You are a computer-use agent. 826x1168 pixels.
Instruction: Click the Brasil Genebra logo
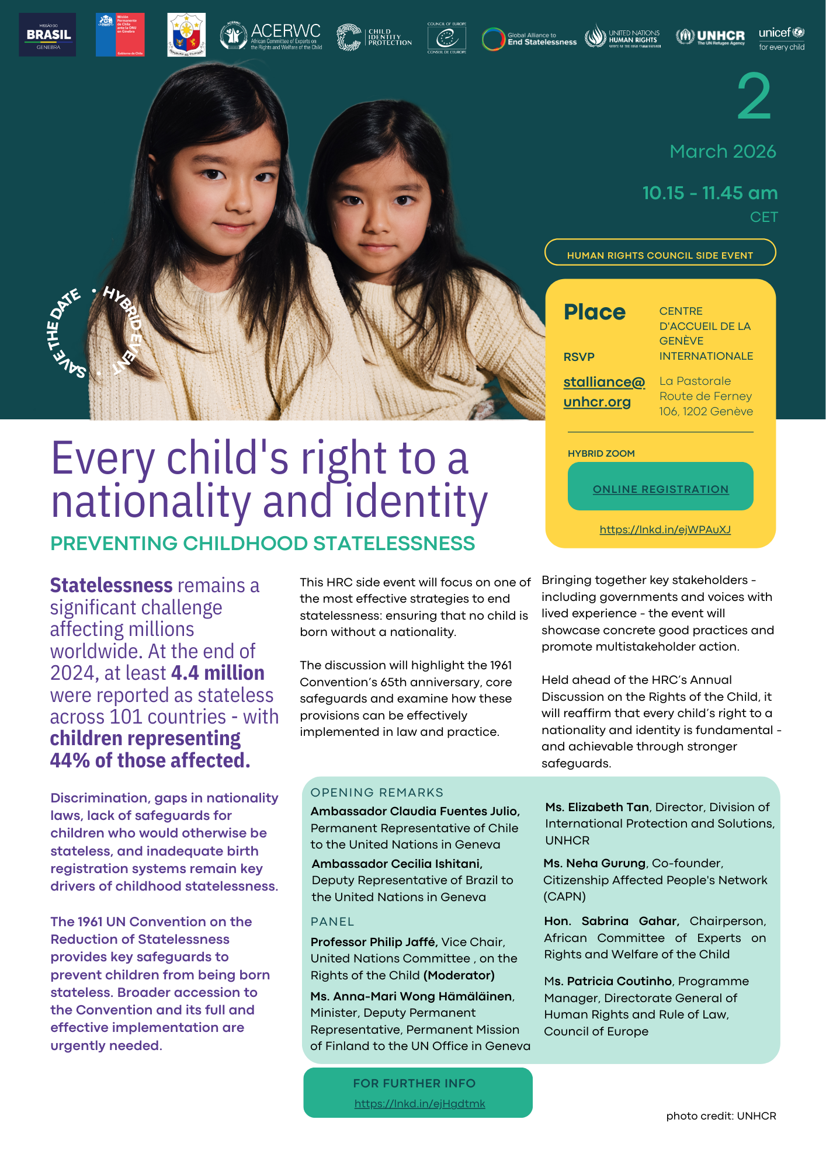point(47,35)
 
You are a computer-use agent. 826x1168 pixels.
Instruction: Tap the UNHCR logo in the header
point(710,37)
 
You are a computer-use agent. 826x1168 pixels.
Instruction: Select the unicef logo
point(782,39)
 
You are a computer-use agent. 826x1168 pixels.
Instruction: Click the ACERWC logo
point(271,36)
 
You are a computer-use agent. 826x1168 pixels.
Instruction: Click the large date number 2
point(754,98)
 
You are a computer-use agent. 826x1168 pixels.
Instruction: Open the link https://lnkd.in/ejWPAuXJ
point(665,530)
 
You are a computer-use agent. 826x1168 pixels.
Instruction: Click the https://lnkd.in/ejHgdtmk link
point(419,1104)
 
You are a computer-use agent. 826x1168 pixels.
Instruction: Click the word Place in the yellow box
point(594,312)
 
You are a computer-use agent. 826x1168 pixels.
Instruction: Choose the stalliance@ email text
point(604,382)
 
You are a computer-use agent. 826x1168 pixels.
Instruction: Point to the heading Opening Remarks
point(377,792)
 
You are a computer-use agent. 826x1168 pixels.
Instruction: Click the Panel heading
point(332,922)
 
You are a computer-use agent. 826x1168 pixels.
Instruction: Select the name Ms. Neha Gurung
point(595,863)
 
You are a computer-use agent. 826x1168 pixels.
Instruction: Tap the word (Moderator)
point(459,975)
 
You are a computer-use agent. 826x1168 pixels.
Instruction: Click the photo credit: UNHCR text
point(721,1116)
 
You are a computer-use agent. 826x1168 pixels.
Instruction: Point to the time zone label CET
point(763,217)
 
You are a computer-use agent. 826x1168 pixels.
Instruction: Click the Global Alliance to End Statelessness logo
point(529,39)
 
